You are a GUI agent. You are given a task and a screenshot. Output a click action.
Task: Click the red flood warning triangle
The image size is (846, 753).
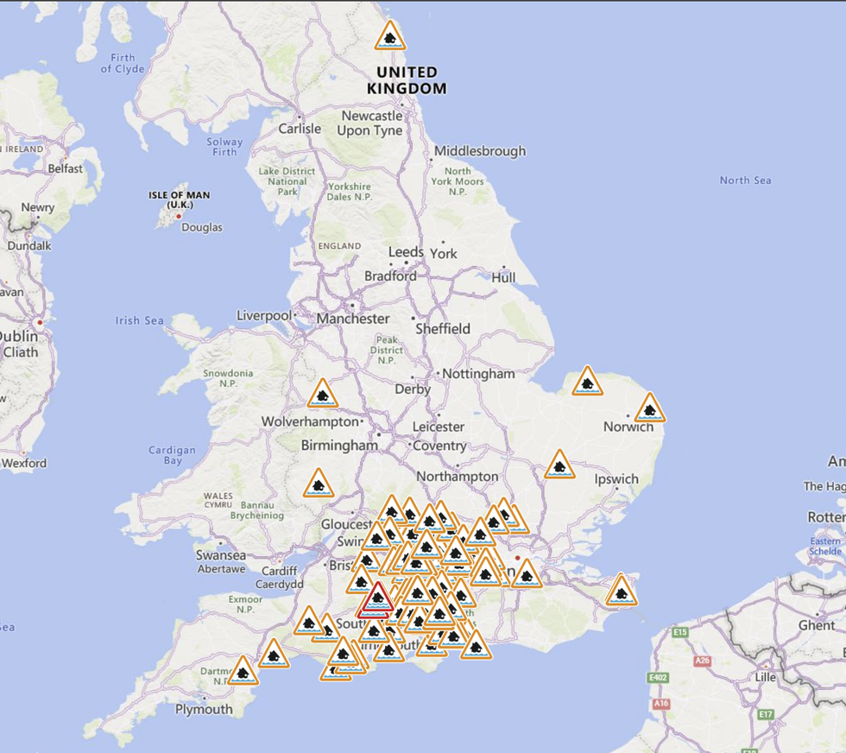[x=376, y=598]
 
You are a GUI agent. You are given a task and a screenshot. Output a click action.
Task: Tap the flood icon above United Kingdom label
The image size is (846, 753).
[x=390, y=37]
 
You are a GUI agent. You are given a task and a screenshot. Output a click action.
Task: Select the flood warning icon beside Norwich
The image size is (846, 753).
[x=649, y=408]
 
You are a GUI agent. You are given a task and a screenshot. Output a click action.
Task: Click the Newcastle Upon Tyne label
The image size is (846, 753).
[x=372, y=123]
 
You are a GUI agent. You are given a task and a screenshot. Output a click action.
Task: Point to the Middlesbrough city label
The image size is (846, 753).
[x=480, y=151]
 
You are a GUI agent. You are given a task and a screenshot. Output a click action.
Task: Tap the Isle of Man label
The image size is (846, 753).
[x=179, y=199]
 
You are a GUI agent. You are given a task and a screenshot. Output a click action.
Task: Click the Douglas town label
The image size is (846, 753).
[x=202, y=227]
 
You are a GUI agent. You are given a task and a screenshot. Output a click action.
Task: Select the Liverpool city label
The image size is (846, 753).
[x=264, y=316]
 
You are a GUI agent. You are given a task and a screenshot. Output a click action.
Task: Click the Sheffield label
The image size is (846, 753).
[x=443, y=329]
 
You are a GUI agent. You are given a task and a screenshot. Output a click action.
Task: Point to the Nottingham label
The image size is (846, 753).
[x=478, y=374]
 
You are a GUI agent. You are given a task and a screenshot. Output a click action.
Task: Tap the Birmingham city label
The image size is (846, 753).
[x=339, y=446]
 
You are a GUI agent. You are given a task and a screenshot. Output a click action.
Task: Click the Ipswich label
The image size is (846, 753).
[x=616, y=479]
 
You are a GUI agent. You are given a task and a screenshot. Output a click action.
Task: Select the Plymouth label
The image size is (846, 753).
[x=204, y=710]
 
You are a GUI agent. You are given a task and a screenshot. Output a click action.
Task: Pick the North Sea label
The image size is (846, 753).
[x=746, y=180]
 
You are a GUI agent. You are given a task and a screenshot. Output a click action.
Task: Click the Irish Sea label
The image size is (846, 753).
[x=140, y=321]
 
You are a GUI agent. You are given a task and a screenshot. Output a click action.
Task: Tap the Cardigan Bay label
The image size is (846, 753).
[x=172, y=455]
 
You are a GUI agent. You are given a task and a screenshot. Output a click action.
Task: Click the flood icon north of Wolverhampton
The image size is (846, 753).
[x=323, y=395]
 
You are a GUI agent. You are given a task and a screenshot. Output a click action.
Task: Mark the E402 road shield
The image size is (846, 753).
[x=657, y=678]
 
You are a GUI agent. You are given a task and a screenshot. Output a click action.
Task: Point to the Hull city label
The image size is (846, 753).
[x=503, y=277]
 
